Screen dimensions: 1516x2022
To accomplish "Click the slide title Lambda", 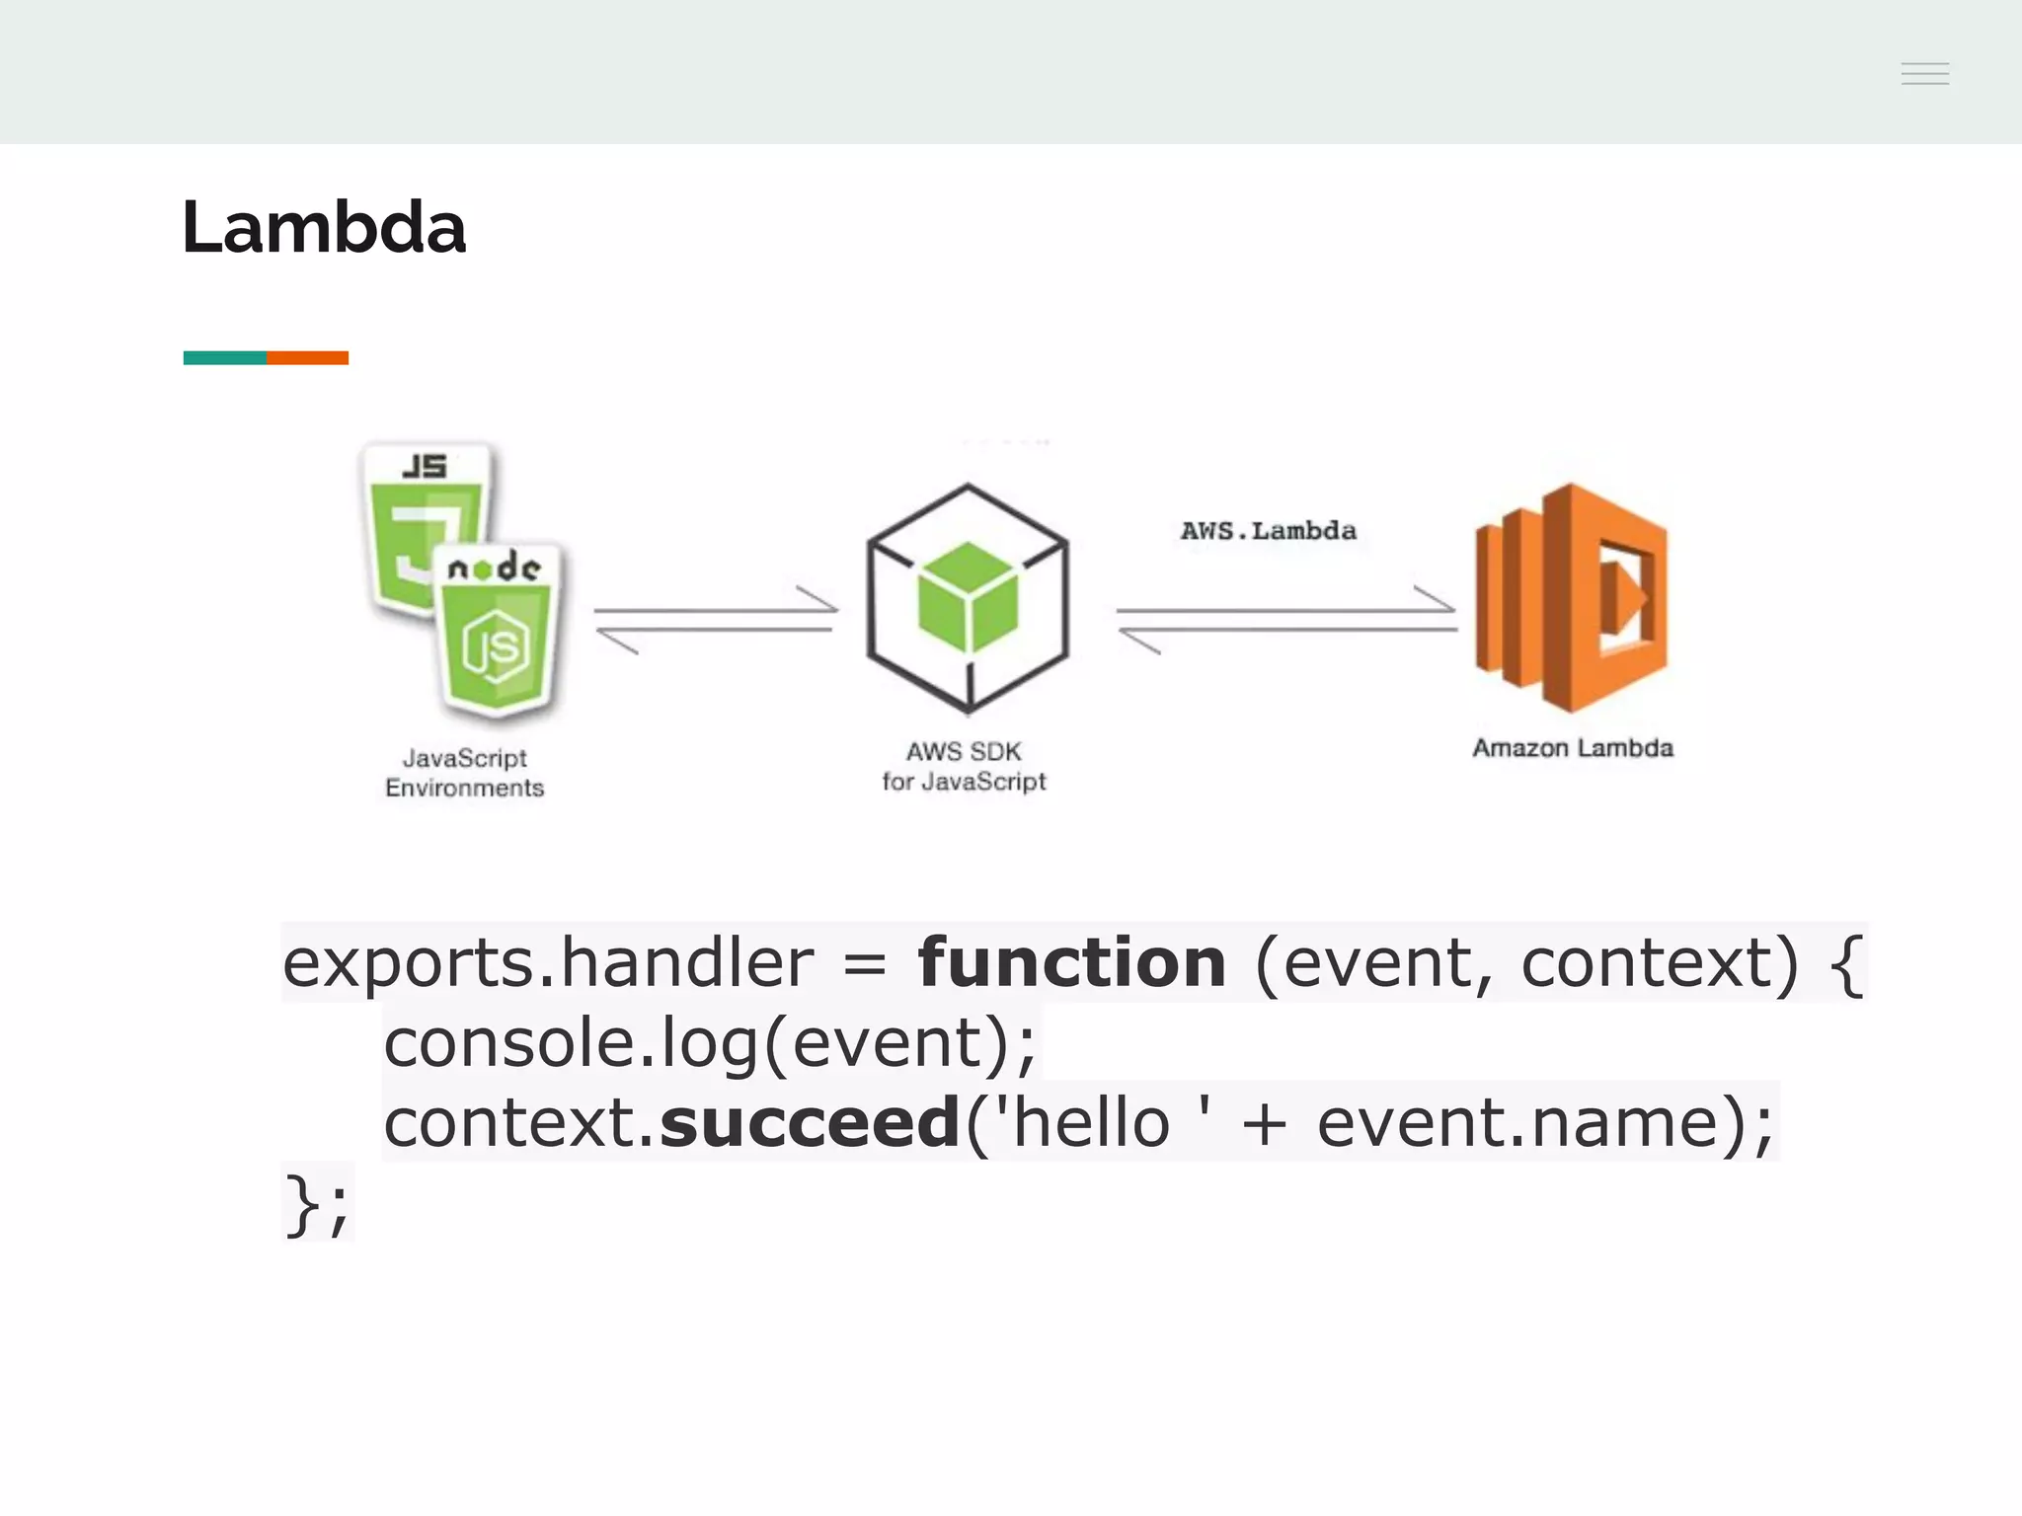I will [x=323, y=228].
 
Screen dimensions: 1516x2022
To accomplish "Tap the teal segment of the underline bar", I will [x=224, y=357].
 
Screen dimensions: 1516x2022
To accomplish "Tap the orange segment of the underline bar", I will [x=307, y=357].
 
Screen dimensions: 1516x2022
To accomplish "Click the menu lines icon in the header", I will [x=1924, y=74].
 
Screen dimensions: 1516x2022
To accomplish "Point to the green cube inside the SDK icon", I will [x=967, y=598].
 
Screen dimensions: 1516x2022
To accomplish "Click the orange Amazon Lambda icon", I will [x=1571, y=598].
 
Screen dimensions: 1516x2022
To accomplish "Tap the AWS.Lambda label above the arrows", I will [x=1268, y=531].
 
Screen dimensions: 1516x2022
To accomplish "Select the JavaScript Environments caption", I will [x=464, y=773].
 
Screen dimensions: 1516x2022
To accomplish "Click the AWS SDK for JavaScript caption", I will [x=964, y=767].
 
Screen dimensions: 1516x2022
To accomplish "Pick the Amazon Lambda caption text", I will [x=1572, y=748].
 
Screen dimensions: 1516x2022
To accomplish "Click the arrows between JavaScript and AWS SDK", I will [x=716, y=620].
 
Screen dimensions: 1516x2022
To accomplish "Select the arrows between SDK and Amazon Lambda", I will [x=1286, y=620].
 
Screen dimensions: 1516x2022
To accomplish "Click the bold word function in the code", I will [x=1072, y=962].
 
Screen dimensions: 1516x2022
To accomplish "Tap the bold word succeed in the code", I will [x=810, y=1123].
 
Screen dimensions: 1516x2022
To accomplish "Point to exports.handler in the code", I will [x=548, y=962].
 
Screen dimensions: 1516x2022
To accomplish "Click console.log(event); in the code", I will [x=710, y=1043].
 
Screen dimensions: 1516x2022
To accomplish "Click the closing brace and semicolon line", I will [x=316, y=1204].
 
